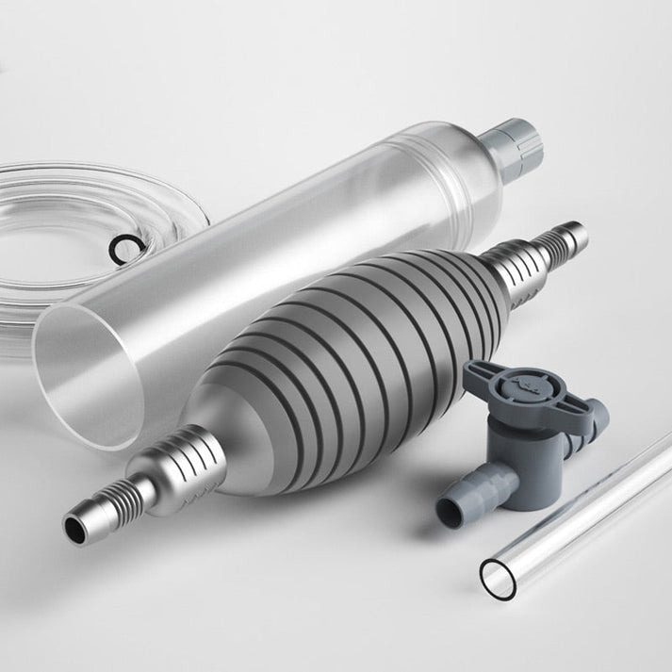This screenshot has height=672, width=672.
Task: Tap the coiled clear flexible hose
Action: click(57, 188)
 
